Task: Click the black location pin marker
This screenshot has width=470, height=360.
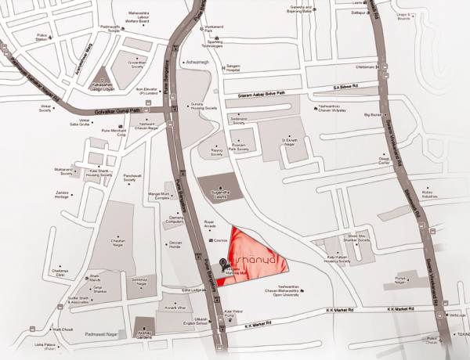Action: pyautogui.click(x=222, y=263)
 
